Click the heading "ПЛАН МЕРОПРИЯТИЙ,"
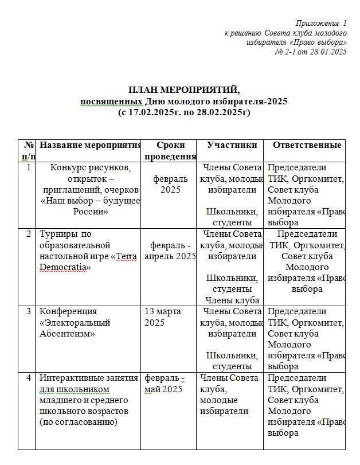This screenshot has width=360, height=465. (x=183, y=91)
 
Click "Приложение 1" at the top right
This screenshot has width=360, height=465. (x=321, y=24)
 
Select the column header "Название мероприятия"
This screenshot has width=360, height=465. (x=90, y=145)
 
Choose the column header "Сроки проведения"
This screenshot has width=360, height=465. (x=170, y=150)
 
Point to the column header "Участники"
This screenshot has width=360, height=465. (x=232, y=145)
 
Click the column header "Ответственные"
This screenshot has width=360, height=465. (x=307, y=145)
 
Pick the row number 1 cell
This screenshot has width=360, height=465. (x=29, y=167)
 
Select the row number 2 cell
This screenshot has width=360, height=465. (x=29, y=234)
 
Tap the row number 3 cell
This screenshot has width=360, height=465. (x=29, y=311)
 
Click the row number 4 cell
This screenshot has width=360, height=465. (x=29, y=378)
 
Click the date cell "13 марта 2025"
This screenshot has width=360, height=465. (x=163, y=316)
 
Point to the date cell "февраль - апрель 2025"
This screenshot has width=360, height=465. (x=170, y=251)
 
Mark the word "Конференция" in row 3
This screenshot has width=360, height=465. (x=66, y=311)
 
